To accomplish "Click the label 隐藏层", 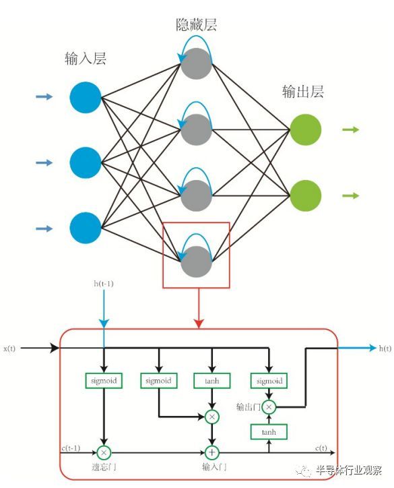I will click(x=196, y=26).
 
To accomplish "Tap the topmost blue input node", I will click(x=86, y=97).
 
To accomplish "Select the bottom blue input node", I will click(x=86, y=228).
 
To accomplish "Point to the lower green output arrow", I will click(x=351, y=195).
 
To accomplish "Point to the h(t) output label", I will click(x=385, y=348).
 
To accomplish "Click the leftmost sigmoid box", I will click(x=104, y=381).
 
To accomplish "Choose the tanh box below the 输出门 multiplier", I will click(x=269, y=431).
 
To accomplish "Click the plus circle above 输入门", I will click(x=213, y=452).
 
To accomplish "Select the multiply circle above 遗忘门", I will click(x=104, y=452).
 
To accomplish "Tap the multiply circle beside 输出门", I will click(x=269, y=406).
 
